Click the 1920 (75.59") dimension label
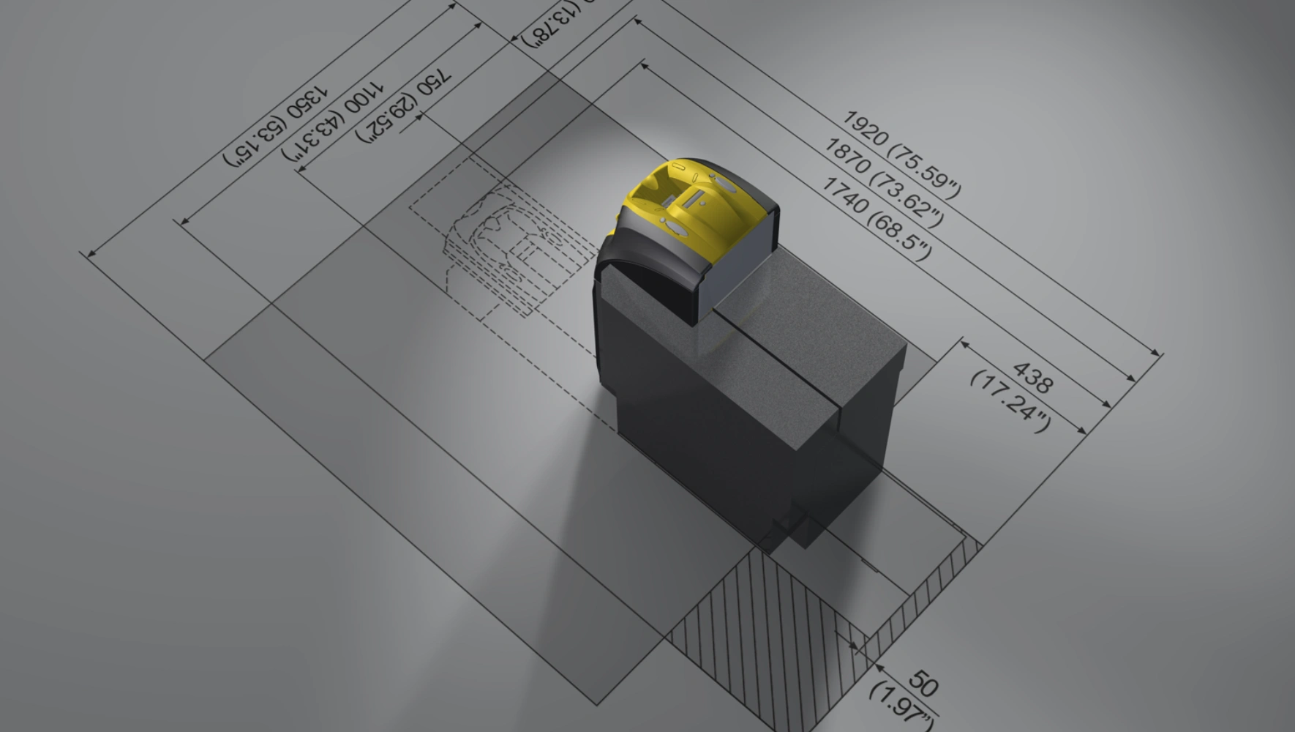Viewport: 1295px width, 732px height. [x=901, y=154]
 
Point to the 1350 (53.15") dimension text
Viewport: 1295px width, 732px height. [x=276, y=126]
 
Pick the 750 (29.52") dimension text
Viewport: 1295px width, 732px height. [x=403, y=107]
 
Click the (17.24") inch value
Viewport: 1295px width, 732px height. [x=1010, y=401]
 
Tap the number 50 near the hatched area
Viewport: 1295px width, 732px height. [x=923, y=685]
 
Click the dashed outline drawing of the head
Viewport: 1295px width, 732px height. [x=505, y=249]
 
